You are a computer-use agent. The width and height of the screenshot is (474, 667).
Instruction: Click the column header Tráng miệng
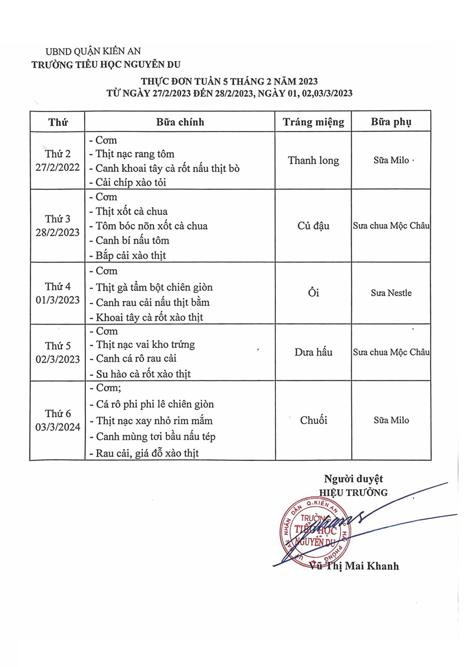313,122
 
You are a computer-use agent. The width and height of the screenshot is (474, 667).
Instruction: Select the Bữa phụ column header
391,122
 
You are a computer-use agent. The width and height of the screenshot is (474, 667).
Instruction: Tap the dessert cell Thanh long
313,160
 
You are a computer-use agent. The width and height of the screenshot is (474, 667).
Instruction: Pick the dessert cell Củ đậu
313,226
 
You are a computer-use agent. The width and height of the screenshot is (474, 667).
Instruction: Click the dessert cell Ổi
313,293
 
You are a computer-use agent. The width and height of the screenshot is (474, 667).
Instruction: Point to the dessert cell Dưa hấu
313,352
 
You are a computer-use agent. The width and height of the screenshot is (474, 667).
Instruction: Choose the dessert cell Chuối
313,420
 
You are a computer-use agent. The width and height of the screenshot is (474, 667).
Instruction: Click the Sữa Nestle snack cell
391,293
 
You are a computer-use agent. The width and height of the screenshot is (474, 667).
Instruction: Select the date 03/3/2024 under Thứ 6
58,427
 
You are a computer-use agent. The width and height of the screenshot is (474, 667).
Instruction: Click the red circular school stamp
310,530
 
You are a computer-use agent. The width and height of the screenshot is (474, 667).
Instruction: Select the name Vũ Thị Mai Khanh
354,566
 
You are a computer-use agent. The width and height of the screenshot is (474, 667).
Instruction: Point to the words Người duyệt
353,479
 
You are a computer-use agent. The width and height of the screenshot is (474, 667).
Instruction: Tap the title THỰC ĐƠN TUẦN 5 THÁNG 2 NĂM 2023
229,82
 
